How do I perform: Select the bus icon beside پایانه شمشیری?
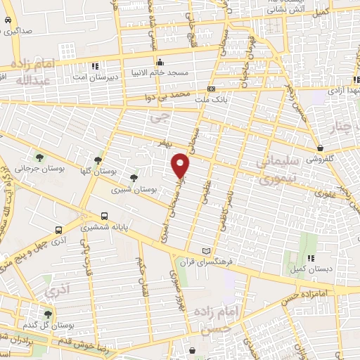(104, 216)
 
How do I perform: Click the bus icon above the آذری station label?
(58, 229)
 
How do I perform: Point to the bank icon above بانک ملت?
(211, 89)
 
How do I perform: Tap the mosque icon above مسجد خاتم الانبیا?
(160, 60)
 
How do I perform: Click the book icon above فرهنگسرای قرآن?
(206, 251)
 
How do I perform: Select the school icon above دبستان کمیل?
(310, 258)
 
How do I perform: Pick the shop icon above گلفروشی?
(320, 148)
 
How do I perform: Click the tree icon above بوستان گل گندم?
(48, 314)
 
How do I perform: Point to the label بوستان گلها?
(98, 172)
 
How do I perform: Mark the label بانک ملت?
(211, 101)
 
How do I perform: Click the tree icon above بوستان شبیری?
(134, 178)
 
